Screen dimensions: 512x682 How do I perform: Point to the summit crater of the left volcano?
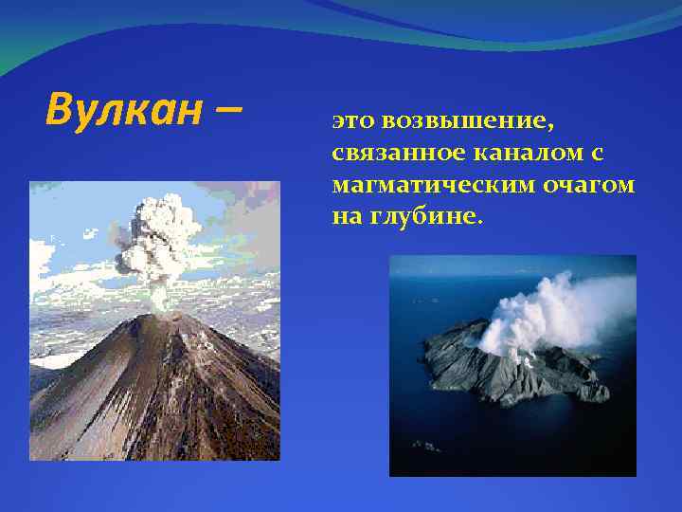coord(163,316)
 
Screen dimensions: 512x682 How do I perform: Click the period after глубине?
coord(480,222)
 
